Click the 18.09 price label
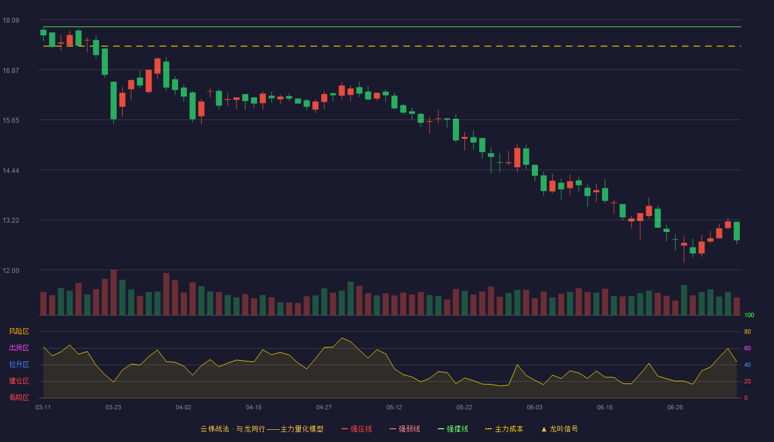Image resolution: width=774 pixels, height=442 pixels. point(11,20)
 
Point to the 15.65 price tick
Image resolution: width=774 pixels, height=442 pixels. point(11,120)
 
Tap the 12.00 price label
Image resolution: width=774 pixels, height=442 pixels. point(11,271)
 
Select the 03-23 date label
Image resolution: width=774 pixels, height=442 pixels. point(113,408)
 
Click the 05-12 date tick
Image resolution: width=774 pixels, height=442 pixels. point(394,408)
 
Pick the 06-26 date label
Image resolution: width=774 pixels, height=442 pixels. point(675,408)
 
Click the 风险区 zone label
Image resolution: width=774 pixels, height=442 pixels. point(19,331)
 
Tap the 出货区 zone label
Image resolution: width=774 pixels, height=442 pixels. point(19,348)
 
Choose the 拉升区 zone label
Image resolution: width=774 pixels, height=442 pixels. point(19,364)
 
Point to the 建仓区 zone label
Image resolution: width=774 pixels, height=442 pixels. point(19,381)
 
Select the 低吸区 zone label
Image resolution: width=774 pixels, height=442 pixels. point(19,397)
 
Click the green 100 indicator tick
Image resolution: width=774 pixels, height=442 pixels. point(749,315)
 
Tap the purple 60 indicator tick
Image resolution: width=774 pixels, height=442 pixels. point(747,348)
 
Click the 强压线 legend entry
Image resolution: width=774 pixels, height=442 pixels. point(357,429)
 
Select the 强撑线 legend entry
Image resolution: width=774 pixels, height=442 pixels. point(453,429)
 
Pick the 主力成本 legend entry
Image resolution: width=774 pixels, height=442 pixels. point(504,429)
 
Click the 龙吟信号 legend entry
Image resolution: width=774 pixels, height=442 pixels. point(559,429)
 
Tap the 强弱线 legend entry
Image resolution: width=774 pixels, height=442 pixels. point(405,429)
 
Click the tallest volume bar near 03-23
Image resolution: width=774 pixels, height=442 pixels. point(113,292)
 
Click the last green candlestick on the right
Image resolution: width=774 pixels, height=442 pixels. point(736,231)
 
